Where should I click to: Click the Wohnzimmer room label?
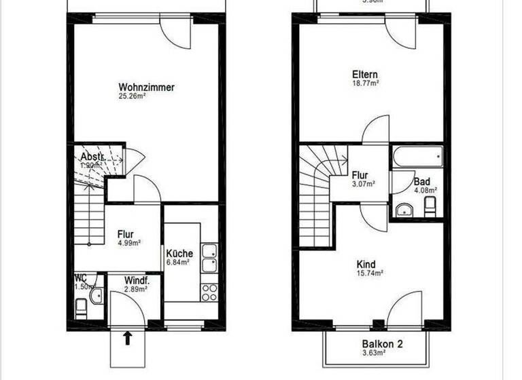146,88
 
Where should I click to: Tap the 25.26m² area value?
133,96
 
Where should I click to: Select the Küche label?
179,253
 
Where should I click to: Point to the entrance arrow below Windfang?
127,338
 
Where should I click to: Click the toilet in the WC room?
81,310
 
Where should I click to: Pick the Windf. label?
137,280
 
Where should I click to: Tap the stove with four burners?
209,292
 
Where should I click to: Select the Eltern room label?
365,75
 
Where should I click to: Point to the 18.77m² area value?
365,83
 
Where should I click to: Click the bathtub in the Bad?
417,157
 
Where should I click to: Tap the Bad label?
421,182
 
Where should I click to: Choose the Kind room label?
366,265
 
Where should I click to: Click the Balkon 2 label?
383,344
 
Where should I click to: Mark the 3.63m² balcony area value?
374,353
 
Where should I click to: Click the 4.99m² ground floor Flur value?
128,243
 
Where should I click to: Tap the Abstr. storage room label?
92,156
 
